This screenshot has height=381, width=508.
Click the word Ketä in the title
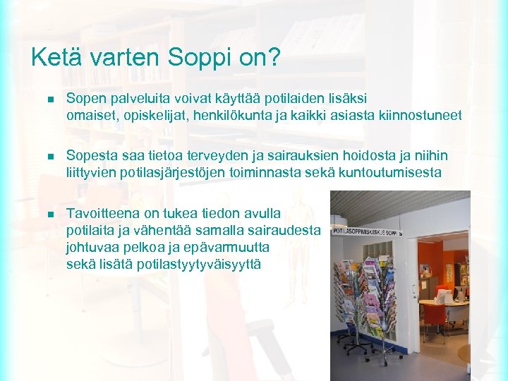pyautogui.click(x=54, y=58)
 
